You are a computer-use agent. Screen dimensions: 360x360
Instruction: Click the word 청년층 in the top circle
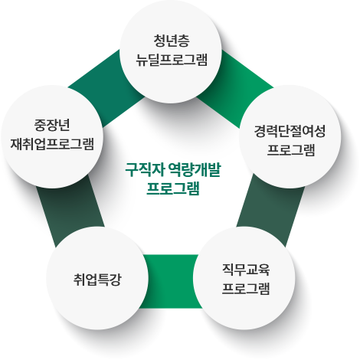[172, 41]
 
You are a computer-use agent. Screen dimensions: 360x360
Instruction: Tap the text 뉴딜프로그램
[172, 60]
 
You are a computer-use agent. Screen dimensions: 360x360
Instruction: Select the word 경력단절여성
[290, 131]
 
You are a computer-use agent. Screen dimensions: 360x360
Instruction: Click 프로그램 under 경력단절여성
[291, 150]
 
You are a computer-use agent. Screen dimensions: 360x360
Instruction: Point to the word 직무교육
[246, 270]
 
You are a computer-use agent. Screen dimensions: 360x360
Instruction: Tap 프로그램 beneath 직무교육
[246, 289]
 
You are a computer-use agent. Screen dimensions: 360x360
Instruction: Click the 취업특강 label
[97, 280]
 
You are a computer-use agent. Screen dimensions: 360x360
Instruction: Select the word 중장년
[52, 125]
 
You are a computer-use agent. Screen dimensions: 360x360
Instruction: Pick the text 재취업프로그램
[52, 144]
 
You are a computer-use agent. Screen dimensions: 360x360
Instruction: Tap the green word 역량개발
[195, 170]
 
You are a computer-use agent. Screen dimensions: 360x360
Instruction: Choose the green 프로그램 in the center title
[173, 188]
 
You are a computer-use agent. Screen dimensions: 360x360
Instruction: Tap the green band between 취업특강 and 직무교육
[171, 281]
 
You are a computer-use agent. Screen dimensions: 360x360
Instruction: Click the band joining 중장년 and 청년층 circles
[106, 89]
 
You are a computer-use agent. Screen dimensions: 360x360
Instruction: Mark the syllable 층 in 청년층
[184, 41]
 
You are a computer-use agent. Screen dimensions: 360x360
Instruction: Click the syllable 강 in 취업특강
[115, 280]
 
